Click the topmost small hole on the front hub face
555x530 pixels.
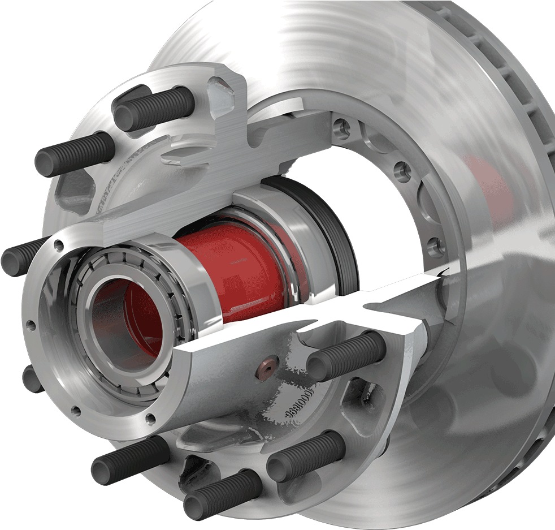(x=58, y=245)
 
